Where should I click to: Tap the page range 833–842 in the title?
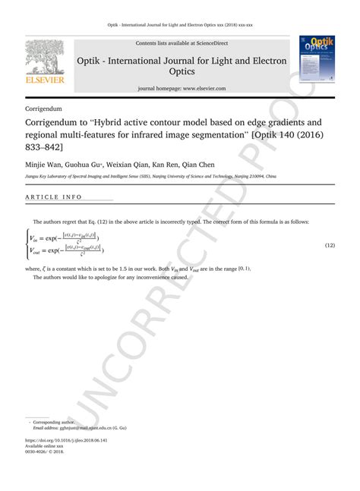tap(43, 149)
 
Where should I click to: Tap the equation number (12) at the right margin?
tap(330, 246)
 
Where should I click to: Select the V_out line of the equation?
tap(68, 250)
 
